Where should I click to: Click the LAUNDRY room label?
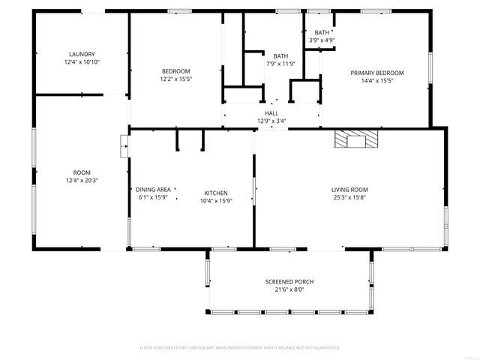(x=82, y=54)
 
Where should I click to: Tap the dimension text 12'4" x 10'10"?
(x=82, y=62)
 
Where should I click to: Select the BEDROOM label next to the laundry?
(x=175, y=71)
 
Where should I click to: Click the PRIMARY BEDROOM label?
(x=377, y=73)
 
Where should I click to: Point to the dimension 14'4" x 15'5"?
(x=377, y=81)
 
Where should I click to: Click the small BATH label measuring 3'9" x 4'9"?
(x=322, y=32)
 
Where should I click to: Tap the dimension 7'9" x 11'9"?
(x=280, y=64)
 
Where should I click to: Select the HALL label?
(x=271, y=113)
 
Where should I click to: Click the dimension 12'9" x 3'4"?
(x=271, y=121)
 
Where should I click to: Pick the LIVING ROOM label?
(x=349, y=190)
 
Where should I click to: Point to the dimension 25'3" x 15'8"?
(x=349, y=198)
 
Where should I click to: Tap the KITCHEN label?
(x=216, y=193)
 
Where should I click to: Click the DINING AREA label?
(x=153, y=190)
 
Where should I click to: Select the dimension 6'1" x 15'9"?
(x=153, y=198)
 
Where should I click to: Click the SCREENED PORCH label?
(x=289, y=282)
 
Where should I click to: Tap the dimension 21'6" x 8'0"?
(x=289, y=290)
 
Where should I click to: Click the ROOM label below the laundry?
(x=82, y=172)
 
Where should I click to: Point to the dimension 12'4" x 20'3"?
(x=82, y=181)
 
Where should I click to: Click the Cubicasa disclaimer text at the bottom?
(x=240, y=348)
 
